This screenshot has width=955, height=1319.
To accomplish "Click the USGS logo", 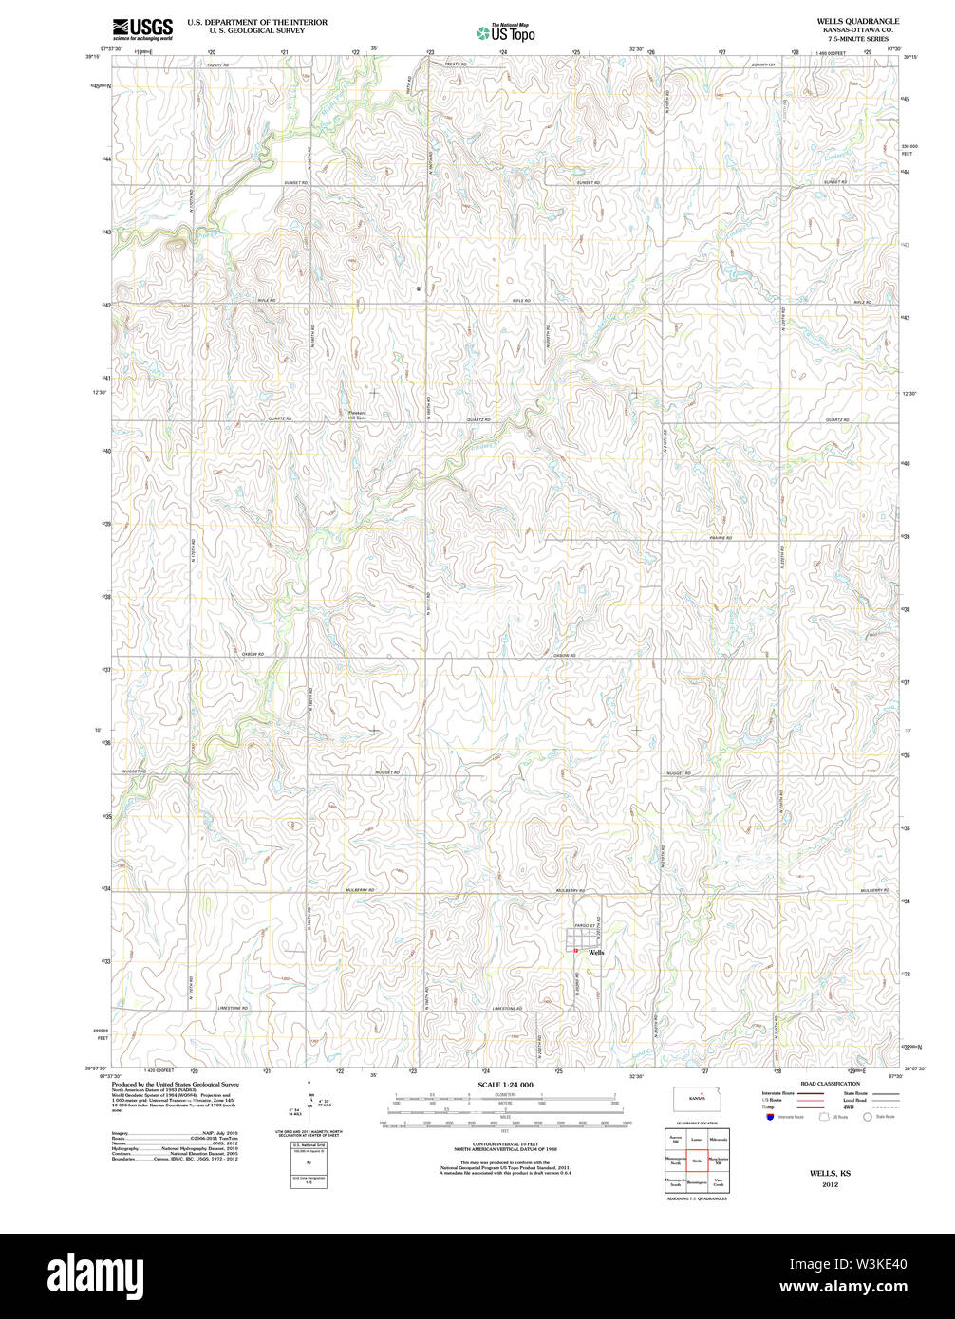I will (142, 28).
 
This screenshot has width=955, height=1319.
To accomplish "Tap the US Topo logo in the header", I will (506, 32).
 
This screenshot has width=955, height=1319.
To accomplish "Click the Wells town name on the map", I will (596, 952).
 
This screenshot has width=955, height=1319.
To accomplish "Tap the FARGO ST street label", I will (584, 925).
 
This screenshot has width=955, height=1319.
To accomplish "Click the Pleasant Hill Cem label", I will (355, 414).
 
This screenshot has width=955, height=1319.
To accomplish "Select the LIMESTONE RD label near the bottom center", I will (509, 1008).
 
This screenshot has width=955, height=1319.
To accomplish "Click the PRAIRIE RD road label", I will (721, 538).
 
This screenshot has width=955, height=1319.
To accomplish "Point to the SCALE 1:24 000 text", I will (505, 1085).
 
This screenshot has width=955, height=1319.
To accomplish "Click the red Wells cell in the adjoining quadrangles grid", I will (696, 1161).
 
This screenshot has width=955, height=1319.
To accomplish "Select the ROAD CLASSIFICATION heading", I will (829, 1084).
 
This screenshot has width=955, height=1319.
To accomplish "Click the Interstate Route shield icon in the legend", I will (768, 1117).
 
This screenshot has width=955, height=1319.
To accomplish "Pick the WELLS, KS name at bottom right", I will (830, 1174).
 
